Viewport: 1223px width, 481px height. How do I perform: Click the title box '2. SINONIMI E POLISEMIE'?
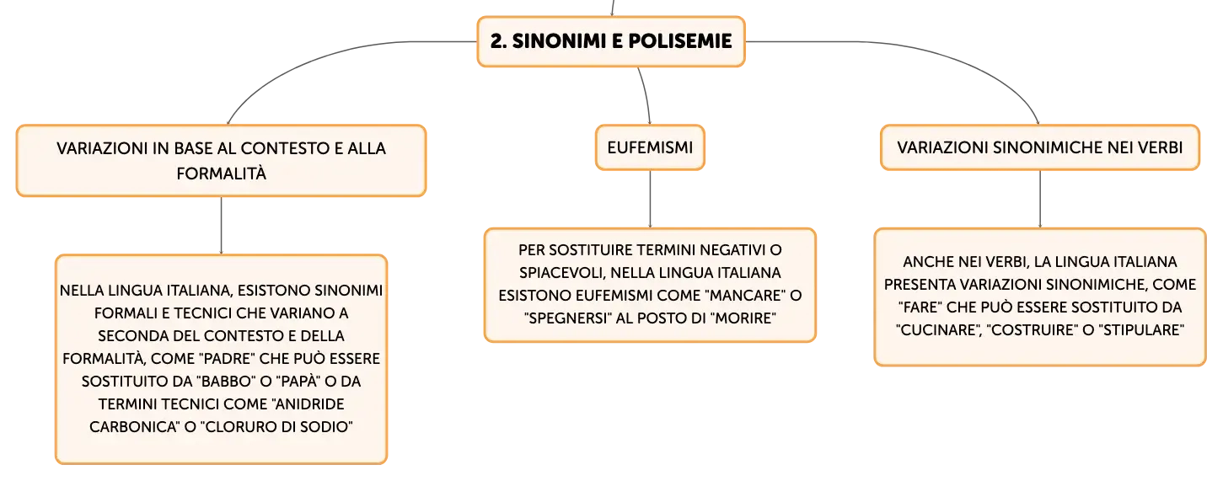click(x=611, y=41)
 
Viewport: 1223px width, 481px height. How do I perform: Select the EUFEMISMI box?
click(x=650, y=147)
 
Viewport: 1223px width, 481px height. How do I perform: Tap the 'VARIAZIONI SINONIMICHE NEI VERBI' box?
click(x=1039, y=147)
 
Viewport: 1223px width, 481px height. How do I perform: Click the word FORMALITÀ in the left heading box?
click(x=221, y=174)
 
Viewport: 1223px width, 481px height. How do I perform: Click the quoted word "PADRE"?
click(x=226, y=359)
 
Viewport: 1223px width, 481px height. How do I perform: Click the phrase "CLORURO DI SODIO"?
click(x=276, y=427)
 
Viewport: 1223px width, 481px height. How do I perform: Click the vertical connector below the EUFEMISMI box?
click(x=650, y=200)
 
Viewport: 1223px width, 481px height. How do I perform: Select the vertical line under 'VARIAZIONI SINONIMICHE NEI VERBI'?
click(x=1039, y=200)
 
